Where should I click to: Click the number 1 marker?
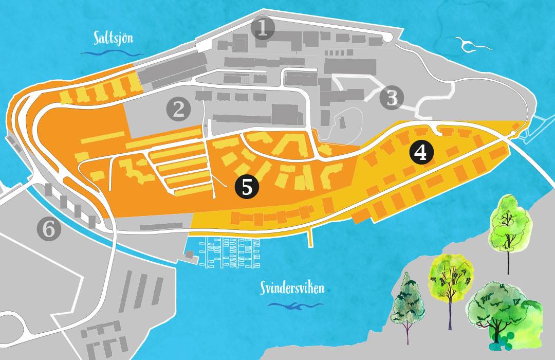pos(264,29)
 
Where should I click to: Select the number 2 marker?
pos(178,109)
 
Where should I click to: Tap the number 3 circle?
pos(392,97)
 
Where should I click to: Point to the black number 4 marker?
pos(421,153)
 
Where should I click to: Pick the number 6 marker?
pos(49,229)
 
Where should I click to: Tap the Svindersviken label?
pos(291,289)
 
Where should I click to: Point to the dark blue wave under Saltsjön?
pos(112,53)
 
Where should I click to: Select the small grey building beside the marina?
pos(191,255)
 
